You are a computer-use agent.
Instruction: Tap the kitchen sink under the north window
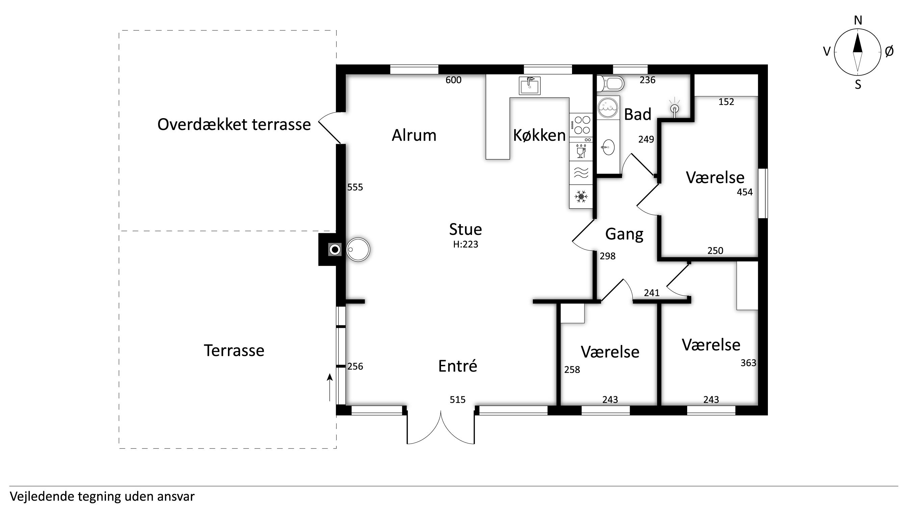coord(529,85)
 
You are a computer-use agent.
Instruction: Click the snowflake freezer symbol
coord(581,196)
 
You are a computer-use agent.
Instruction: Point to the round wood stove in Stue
coord(358,249)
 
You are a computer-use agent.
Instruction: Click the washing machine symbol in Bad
coord(608,108)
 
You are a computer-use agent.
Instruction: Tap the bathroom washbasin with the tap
coord(608,147)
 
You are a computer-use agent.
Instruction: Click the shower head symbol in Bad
coord(674,108)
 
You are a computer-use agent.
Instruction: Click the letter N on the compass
coord(858,20)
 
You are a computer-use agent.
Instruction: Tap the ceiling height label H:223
coord(465,244)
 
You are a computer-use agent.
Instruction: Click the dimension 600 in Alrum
coord(453,80)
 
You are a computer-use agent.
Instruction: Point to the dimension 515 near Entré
coord(457,400)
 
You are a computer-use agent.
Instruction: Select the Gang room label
coord(624,234)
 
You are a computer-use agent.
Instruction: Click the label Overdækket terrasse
coord(234,125)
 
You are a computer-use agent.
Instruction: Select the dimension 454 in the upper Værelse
coord(745,192)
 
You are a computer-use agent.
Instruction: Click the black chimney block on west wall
coord(327,249)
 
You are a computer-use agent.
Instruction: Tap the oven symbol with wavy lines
coord(581,173)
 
